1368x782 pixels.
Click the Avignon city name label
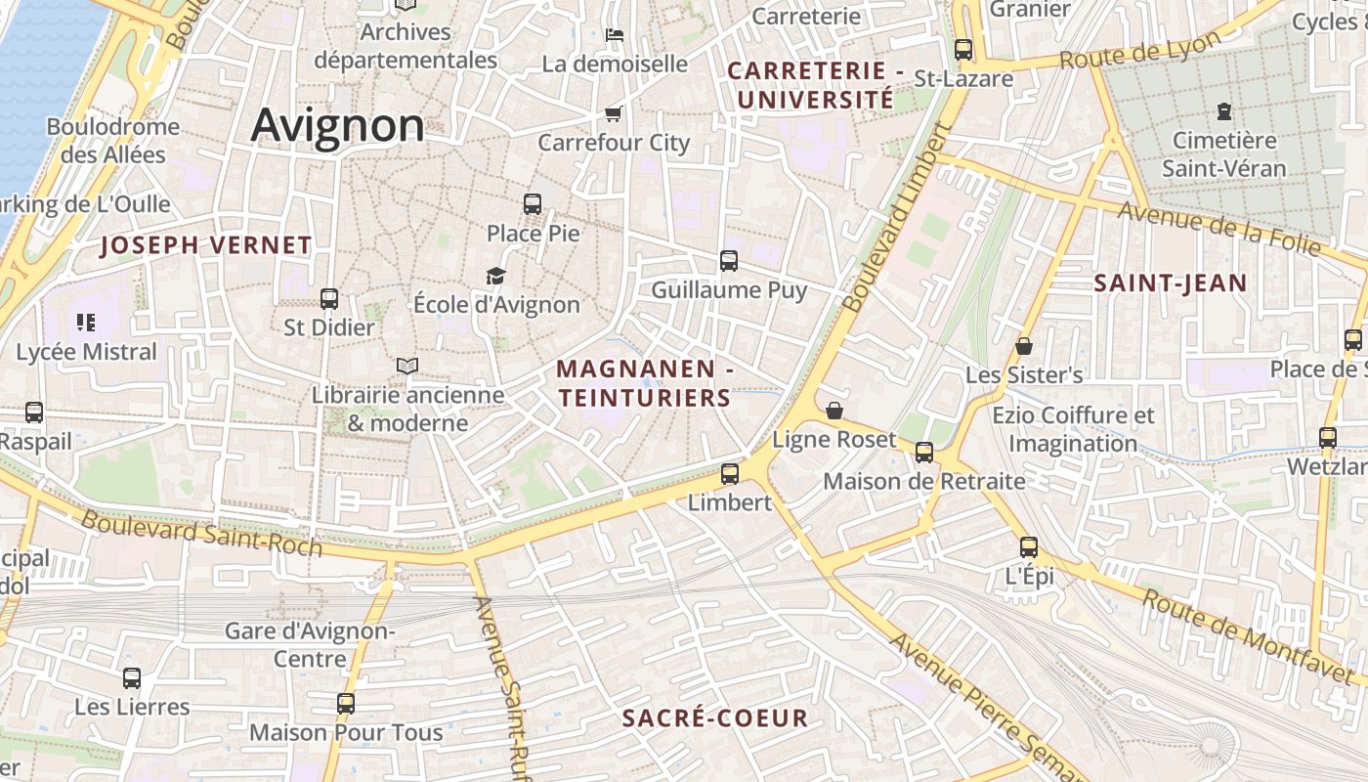338,126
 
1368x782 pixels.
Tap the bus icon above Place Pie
533,204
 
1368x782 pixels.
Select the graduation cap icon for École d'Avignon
496,276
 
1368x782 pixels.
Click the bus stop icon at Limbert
730,474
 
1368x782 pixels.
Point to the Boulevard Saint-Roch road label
201,532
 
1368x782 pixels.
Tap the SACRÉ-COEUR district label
715,718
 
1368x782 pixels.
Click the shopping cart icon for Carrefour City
614,113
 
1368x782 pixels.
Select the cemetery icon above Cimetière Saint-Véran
1223,110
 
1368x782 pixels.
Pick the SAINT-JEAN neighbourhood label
1170,283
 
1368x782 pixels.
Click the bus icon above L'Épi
1029,547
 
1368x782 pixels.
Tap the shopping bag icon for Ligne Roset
834,411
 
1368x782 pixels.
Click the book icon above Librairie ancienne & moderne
407,367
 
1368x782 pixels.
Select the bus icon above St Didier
329,298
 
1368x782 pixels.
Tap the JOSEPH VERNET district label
205,245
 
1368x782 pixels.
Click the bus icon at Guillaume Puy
729,261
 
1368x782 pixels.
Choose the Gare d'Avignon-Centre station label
310,644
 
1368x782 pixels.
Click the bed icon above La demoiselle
614,35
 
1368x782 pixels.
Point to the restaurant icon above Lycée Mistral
86,322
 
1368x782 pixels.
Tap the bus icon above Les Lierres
132,677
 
